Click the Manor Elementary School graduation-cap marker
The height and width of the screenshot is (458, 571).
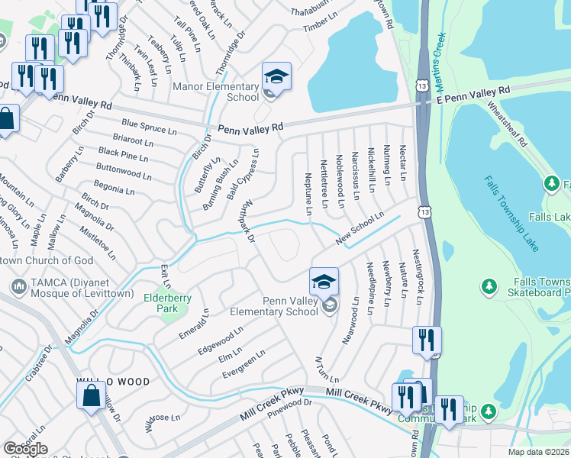click(276, 77)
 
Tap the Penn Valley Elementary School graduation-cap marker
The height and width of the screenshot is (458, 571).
click(324, 282)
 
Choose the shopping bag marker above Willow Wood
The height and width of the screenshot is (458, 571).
click(91, 396)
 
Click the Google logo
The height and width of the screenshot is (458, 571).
click(25, 448)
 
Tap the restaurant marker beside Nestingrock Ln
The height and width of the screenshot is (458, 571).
click(427, 341)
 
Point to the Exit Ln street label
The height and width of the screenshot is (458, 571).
click(163, 273)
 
